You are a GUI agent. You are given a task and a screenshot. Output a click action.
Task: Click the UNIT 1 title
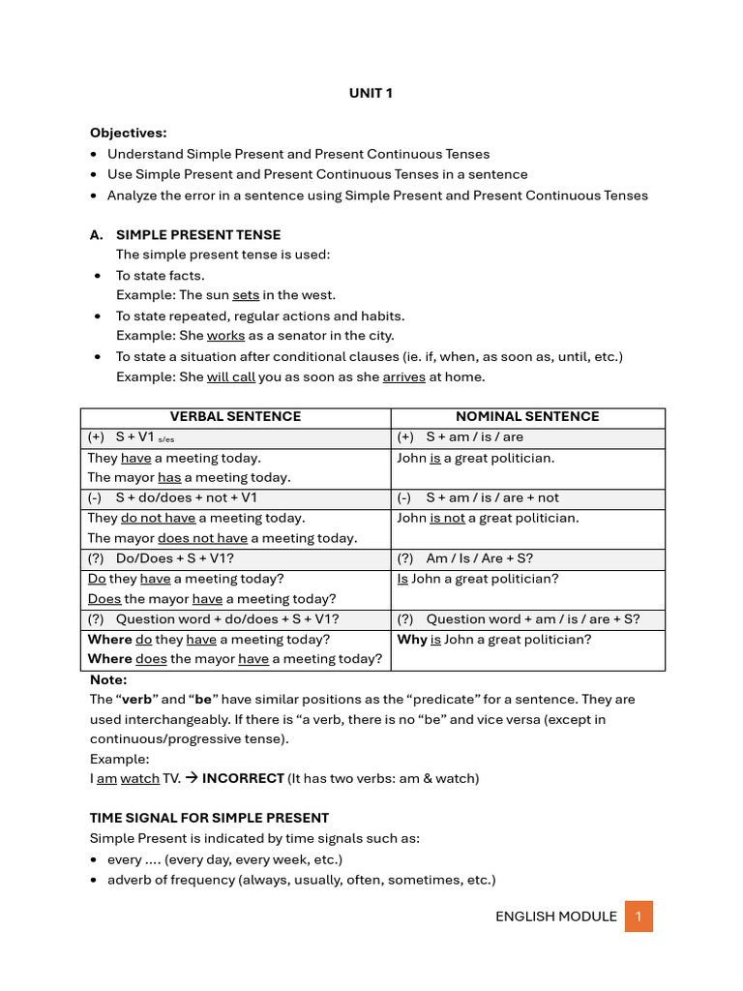coord(371,94)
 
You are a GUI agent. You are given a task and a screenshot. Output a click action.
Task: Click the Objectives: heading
coord(128,133)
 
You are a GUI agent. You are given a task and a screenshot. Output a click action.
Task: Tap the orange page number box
coord(639,916)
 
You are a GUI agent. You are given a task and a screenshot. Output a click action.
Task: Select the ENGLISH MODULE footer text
coord(555,916)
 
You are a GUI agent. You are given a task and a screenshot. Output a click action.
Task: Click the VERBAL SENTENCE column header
coord(235,416)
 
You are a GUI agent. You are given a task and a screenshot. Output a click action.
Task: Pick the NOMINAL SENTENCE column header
coord(527,416)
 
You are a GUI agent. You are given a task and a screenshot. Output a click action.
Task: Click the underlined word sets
coord(246,295)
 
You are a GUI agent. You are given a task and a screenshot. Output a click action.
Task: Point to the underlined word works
coord(225,336)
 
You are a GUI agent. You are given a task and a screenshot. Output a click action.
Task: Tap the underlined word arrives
coord(403,376)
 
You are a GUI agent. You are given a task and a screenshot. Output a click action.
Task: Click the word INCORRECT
coord(243,778)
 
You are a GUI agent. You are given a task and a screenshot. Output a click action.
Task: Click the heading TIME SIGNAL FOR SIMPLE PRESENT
coord(209,818)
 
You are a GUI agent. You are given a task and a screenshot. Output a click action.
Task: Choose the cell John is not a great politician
coord(488,518)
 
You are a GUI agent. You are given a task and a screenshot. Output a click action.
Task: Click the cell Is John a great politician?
coord(478,579)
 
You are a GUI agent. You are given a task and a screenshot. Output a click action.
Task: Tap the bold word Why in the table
coord(412,640)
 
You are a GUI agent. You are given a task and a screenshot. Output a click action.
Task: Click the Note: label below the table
coord(108,680)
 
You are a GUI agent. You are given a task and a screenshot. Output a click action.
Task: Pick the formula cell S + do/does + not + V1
coord(187,497)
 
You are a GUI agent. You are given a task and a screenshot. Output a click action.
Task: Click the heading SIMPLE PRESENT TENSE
coord(198,234)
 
